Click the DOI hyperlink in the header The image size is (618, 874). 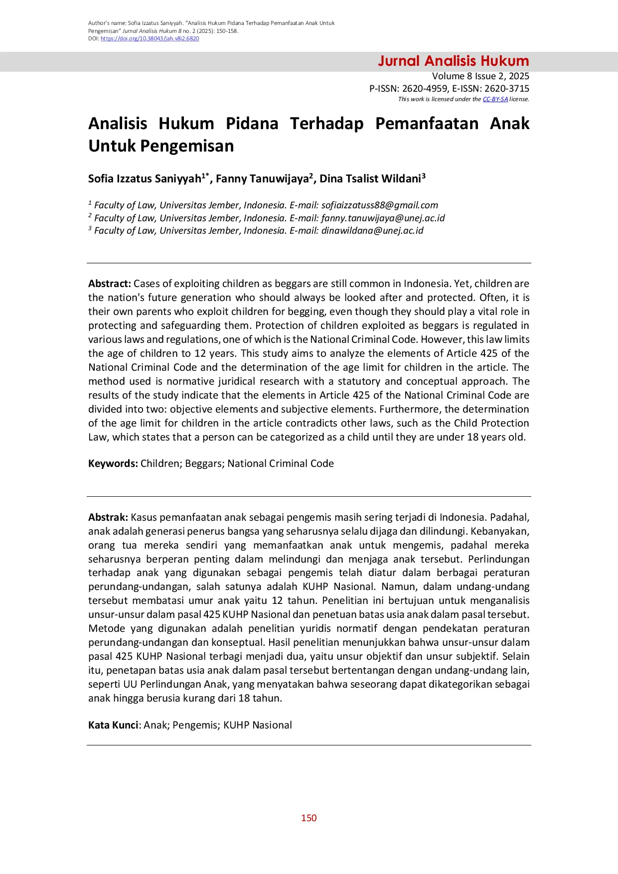click(x=150, y=39)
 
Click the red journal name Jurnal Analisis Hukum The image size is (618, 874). click(x=453, y=61)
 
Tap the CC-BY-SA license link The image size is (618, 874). click(x=495, y=99)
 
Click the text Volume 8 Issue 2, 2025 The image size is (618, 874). click(x=480, y=76)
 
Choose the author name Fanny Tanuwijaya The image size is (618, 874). click(x=262, y=179)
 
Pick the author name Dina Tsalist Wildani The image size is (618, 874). click(x=370, y=179)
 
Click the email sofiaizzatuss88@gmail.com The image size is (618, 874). click(x=380, y=205)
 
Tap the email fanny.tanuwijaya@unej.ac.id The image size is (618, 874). click(x=383, y=218)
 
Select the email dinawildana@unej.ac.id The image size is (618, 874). click(x=372, y=231)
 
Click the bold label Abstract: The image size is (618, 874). click(x=109, y=284)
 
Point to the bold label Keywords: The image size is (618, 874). click(x=113, y=463)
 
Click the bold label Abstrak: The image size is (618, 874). click(x=108, y=517)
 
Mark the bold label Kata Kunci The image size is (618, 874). click(x=113, y=725)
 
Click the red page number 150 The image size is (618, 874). click(x=309, y=818)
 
